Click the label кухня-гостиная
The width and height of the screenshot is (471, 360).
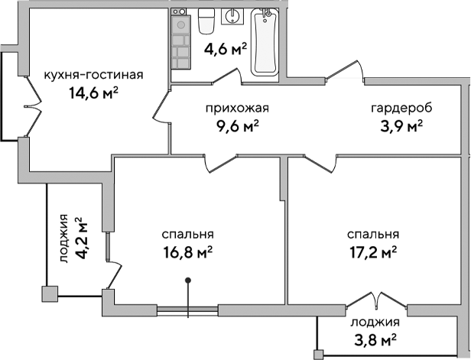[x=94, y=75]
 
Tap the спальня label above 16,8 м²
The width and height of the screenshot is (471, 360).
[x=187, y=235]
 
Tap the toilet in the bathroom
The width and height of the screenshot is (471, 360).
[x=205, y=22]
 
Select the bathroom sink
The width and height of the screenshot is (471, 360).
[x=232, y=17]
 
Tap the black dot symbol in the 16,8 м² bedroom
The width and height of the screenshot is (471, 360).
[x=188, y=282]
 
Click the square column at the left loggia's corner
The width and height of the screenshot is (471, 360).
[x=49, y=293]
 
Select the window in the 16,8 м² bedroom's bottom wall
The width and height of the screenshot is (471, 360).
[x=188, y=310]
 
